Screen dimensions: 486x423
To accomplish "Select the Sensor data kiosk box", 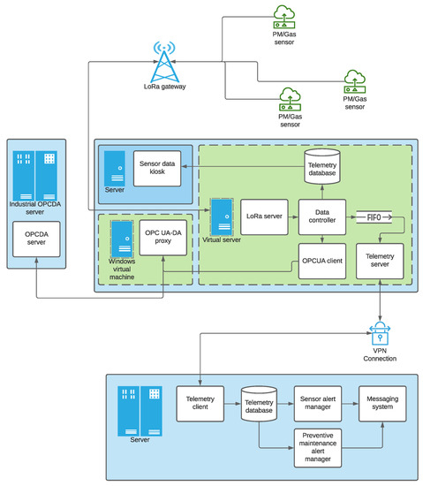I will [x=158, y=167].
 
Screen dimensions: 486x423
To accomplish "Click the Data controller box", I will [x=321, y=216].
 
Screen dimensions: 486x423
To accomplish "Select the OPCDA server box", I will [x=35, y=239].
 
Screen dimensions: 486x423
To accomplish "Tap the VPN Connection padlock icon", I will [x=380, y=333].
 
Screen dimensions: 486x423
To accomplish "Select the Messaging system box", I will [x=381, y=404].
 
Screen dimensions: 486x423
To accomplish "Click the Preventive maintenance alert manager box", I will [x=317, y=446].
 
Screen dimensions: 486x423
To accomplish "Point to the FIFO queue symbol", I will [x=371, y=215].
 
